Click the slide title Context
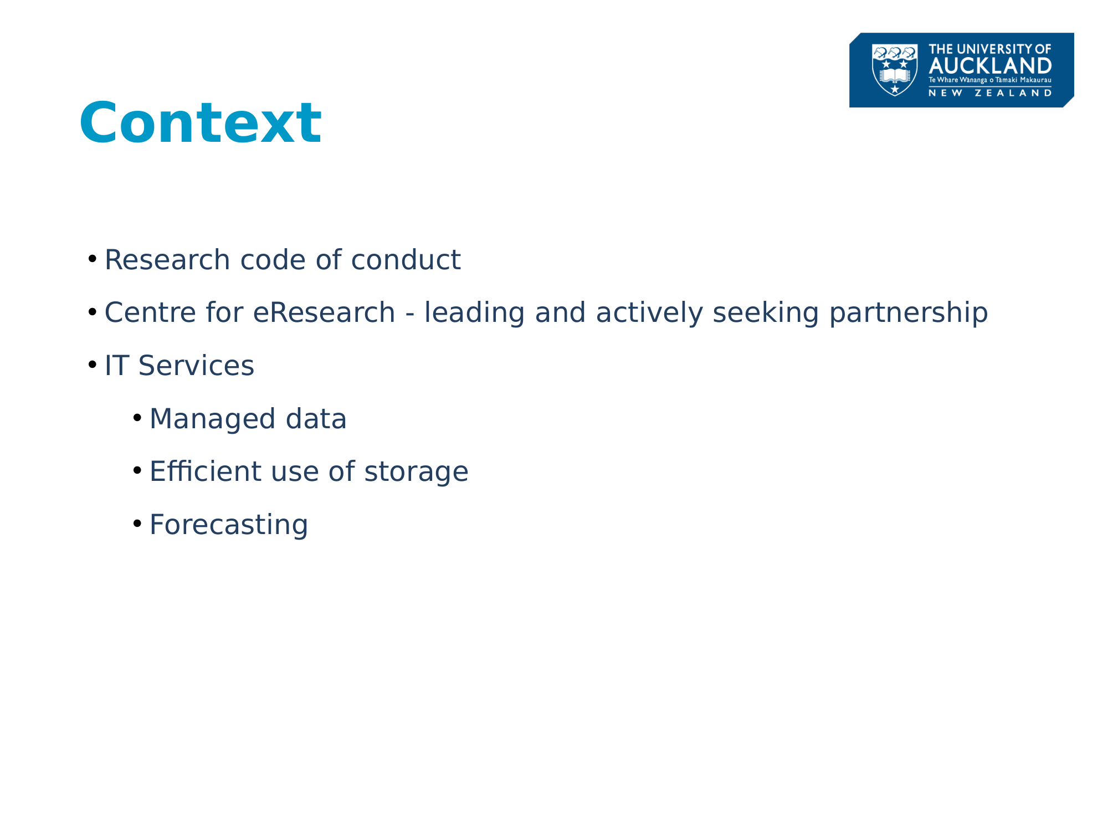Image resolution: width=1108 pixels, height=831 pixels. [x=201, y=122]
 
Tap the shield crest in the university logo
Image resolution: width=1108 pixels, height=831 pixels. [x=895, y=70]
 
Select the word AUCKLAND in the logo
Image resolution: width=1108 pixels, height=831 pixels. [x=990, y=66]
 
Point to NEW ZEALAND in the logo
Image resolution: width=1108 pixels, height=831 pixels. [x=990, y=93]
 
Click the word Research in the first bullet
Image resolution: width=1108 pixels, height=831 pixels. [x=167, y=260]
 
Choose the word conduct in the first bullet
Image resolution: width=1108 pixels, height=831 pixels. [x=406, y=260]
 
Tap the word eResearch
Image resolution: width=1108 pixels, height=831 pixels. [x=324, y=312]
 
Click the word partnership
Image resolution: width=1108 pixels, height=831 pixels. [x=909, y=313]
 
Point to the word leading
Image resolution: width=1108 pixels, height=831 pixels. [x=474, y=313]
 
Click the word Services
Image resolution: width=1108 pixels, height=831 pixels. [x=196, y=366]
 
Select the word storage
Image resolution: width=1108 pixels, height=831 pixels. [x=416, y=473]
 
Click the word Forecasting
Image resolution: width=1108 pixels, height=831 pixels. [x=229, y=525]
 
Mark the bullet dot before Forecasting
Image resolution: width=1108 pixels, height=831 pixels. [x=137, y=524]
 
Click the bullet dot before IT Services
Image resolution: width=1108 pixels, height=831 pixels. [x=93, y=365]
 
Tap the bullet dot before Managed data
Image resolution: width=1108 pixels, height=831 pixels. [x=137, y=418]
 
